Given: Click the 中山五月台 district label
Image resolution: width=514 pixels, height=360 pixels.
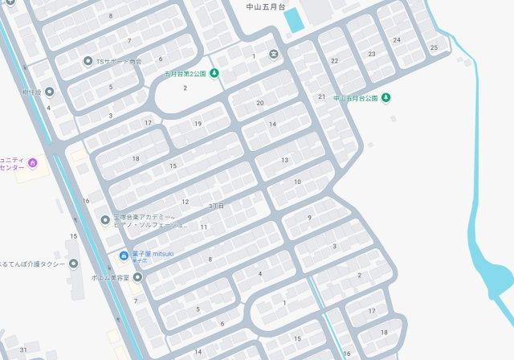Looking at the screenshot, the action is [x=265, y=6].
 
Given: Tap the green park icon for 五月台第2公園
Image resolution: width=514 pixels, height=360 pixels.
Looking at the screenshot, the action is [x=214, y=74].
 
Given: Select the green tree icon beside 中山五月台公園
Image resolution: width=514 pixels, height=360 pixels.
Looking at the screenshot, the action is [x=385, y=98].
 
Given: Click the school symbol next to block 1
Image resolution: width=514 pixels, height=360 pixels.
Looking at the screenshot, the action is [x=274, y=55].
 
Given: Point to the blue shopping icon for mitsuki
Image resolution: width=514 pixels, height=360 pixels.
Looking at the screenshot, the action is [x=123, y=256].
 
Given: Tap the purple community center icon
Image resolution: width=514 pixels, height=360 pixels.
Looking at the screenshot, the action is [x=32, y=163].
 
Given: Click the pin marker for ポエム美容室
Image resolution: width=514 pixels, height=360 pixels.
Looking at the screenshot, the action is [x=137, y=277].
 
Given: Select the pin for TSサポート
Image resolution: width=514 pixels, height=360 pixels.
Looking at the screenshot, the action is [x=88, y=61].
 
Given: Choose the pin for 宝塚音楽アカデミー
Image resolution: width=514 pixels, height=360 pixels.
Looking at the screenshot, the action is [x=104, y=220].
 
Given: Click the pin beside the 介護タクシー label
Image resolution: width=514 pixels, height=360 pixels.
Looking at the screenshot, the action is [x=74, y=263].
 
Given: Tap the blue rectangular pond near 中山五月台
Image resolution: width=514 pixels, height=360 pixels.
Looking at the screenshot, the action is [x=295, y=19].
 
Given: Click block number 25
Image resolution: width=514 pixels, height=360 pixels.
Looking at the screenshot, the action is [x=434, y=47].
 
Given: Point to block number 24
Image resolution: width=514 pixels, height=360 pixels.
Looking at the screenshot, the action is [x=397, y=39].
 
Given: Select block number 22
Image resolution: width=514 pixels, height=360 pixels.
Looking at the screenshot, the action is [x=334, y=61].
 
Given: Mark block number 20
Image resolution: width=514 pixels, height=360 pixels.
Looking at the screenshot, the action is [x=259, y=103].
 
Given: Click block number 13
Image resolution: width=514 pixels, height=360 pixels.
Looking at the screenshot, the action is [x=284, y=160].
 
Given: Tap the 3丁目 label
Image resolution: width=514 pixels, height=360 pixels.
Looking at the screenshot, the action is [x=215, y=207].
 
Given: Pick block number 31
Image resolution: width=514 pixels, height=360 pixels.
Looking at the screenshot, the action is [x=24, y=350].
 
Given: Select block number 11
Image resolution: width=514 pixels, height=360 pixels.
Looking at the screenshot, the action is [x=204, y=227].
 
